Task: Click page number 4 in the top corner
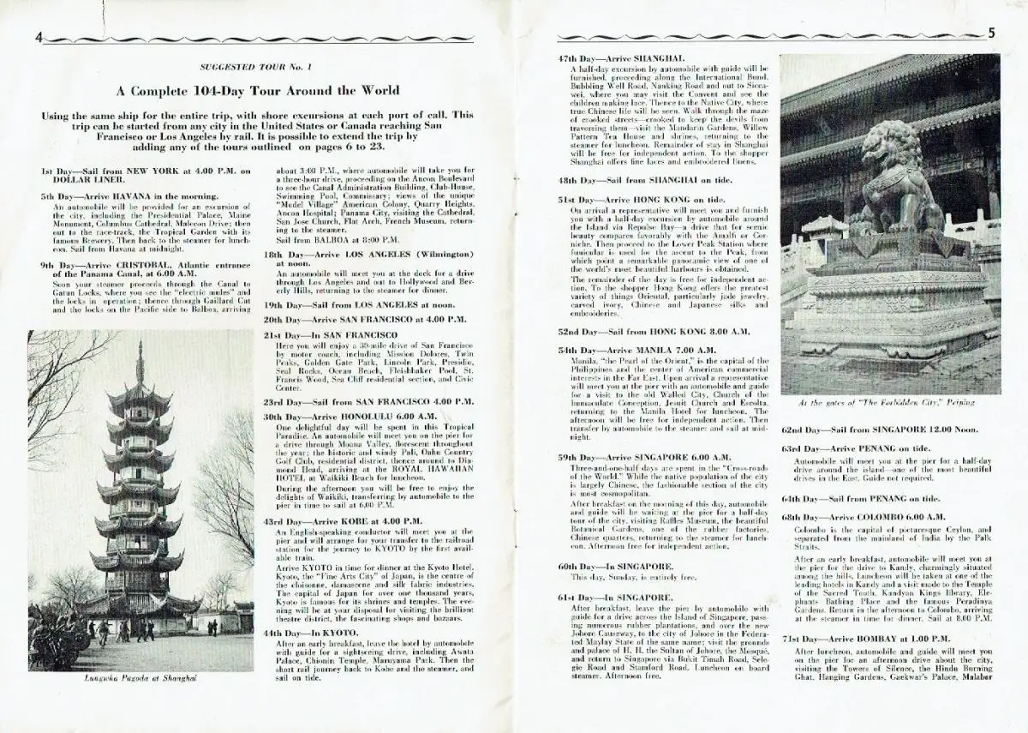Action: (x=39, y=36)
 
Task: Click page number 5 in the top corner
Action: (x=991, y=33)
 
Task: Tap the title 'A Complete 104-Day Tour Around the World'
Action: (x=258, y=90)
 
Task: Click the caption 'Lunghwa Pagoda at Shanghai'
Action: (x=140, y=678)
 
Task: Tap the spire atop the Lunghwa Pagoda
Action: (x=140, y=360)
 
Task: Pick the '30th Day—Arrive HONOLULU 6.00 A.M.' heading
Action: (x=350, y=416)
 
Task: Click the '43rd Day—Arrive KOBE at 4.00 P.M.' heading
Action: (x=343, y=520)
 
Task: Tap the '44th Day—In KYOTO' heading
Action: (x=310, y=630)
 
